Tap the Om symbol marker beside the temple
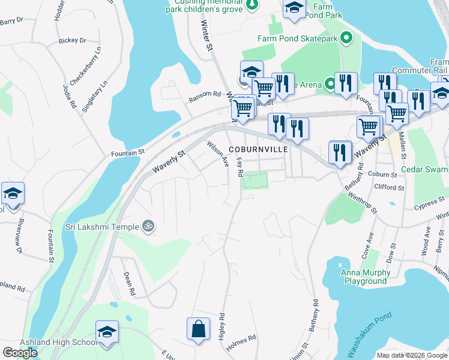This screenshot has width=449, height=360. pos(148,226)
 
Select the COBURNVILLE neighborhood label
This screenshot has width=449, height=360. pos(258,149)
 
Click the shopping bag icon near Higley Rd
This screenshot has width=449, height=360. pos(198,329)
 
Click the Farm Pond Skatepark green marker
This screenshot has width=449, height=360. pos(346,38)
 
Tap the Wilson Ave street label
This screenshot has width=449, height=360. pos(218,154)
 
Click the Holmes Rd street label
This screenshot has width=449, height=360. pos(244,337)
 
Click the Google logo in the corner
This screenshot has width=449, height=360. pos(20,353)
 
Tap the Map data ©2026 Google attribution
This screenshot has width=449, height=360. pos(412,355)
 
